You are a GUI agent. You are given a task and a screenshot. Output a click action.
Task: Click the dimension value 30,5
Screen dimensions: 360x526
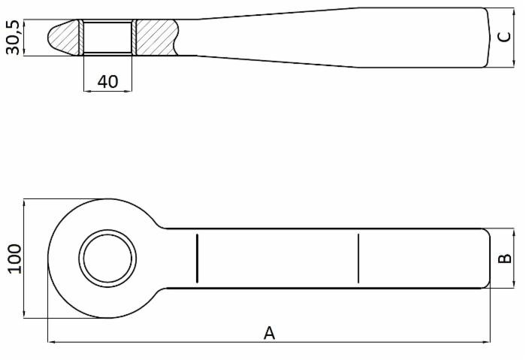(x=13, y=38)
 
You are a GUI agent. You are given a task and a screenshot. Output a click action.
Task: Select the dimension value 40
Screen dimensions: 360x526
(x=107, y=81)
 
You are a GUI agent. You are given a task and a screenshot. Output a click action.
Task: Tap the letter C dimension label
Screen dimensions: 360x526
(x=505, y=38)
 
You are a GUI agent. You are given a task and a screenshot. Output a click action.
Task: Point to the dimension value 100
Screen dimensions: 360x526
(x=14, y=259)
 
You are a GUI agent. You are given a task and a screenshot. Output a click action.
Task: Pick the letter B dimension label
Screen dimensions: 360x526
(x=506, y=258)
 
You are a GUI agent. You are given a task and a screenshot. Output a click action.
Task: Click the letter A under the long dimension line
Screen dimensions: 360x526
(x=269, y=332)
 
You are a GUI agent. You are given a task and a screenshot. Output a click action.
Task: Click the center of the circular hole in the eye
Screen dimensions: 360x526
(x=109, y=259)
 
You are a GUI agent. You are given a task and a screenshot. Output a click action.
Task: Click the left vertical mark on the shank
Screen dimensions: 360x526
(x=197, y=259)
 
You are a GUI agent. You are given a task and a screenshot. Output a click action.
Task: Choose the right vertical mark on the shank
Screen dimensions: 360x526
(x=358, y=259)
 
